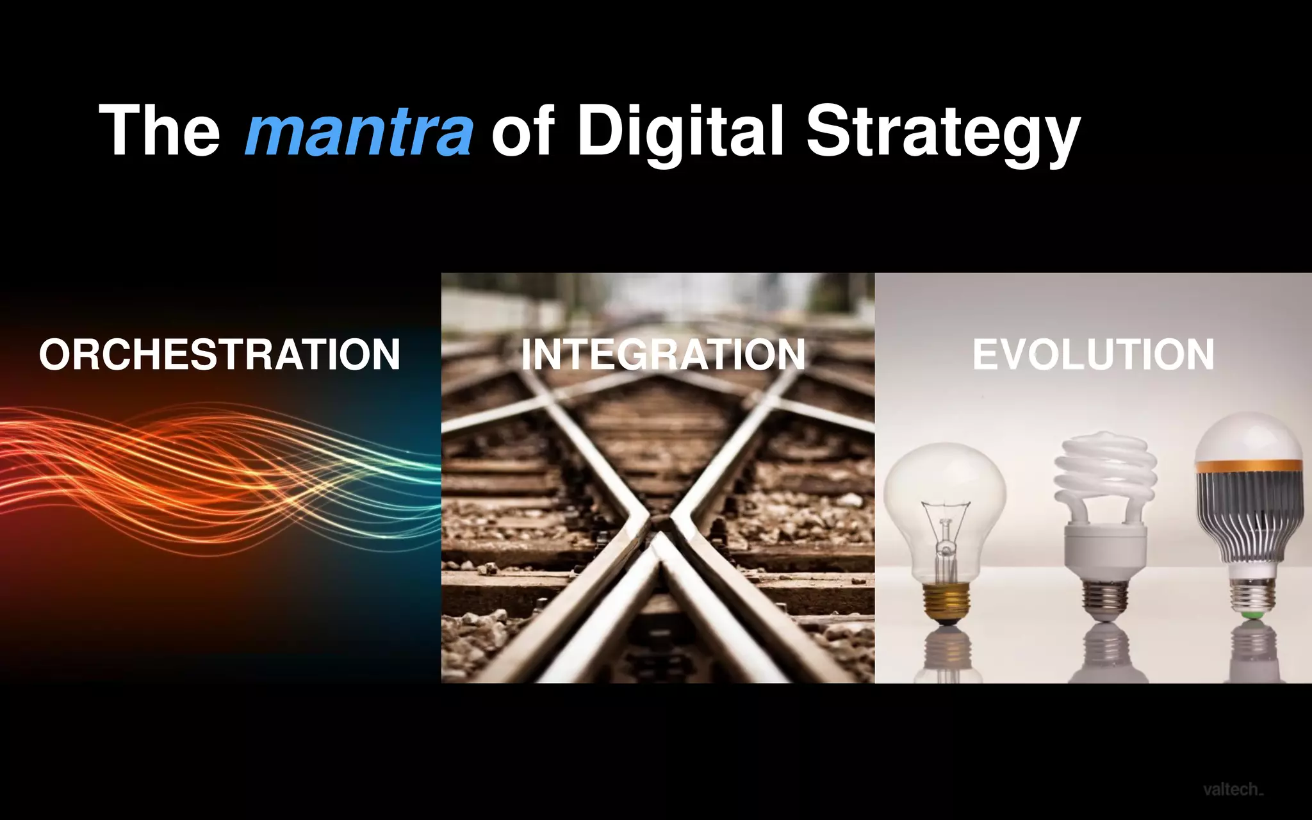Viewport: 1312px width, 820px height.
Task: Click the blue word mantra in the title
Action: [359, 132]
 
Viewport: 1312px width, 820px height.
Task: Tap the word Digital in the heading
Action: [679, 132]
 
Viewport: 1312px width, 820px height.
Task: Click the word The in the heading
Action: [160, 131]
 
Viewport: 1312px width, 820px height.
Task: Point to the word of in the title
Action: [522, 132]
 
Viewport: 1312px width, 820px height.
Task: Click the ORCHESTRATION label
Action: [220, 354]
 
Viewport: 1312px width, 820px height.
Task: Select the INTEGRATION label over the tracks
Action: [663, 354]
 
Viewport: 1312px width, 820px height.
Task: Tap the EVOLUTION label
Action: [1093, 354]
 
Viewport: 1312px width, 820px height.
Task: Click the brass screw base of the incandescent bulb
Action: [946, 602]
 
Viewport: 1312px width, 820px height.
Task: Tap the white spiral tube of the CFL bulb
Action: [1105, 474]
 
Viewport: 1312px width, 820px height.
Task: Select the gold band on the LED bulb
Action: [1249, 466]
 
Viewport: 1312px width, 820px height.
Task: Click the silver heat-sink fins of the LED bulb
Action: [1249, 512]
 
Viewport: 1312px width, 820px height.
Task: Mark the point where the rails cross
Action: [660, 525]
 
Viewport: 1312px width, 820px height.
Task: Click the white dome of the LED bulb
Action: [1249, 436]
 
